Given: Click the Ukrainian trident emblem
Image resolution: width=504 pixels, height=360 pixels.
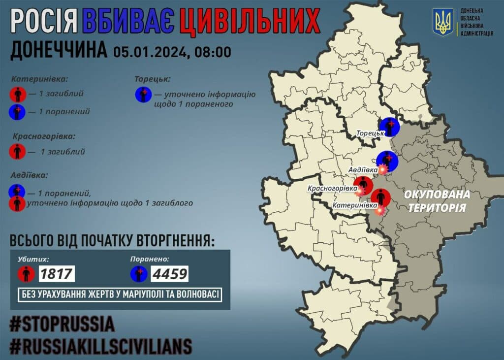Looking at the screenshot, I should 443,22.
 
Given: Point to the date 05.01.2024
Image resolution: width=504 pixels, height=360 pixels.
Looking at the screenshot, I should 148,51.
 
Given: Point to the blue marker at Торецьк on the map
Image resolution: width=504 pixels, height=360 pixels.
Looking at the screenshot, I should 390,127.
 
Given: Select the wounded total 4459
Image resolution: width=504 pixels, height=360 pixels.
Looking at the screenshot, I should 170,273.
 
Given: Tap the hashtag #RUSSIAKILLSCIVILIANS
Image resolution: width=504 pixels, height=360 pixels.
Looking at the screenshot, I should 101,346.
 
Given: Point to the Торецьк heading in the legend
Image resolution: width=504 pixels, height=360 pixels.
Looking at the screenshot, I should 153,78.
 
